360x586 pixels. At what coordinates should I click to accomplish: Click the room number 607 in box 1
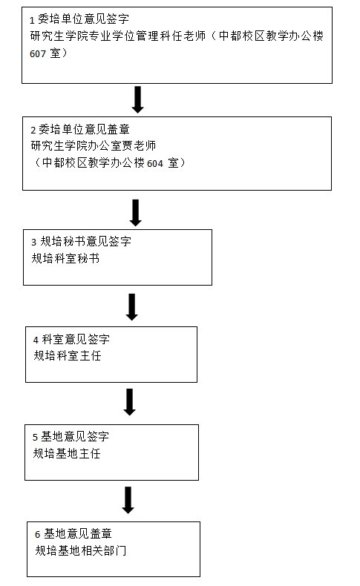(x=37, y=54)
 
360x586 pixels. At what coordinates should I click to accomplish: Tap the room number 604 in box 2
(x=155, y=164)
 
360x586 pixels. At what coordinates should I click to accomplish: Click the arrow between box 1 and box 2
(x=137, y=100)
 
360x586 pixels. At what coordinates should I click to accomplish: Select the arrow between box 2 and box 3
(x=136, y=213)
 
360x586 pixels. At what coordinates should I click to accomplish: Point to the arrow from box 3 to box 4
(x=132, y=307)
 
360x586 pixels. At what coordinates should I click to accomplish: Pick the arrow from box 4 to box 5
(x=130, y=402)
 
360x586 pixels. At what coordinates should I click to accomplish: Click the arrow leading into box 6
(x=128, y=500)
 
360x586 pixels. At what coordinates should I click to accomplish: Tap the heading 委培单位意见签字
(x=84, y=19)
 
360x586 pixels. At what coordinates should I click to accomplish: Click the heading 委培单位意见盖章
(x=85, y=129)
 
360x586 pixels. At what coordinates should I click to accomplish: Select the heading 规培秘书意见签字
(x=86, y=241)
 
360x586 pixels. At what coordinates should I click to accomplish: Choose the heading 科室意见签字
(x=76, y=339)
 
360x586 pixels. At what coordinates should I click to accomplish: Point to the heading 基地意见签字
(x=75, y=436)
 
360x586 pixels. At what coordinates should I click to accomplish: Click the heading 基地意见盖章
(x=78, y=533)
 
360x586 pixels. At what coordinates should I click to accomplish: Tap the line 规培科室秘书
(x=66, y=258)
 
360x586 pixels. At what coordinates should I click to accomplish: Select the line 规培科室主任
(x=68, y=355)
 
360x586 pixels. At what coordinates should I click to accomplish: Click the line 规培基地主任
(x=67, y=453)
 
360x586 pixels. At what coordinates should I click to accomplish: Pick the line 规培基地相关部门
(x=81, y=550)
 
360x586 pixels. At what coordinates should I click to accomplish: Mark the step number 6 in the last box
(x=38, y=535)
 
